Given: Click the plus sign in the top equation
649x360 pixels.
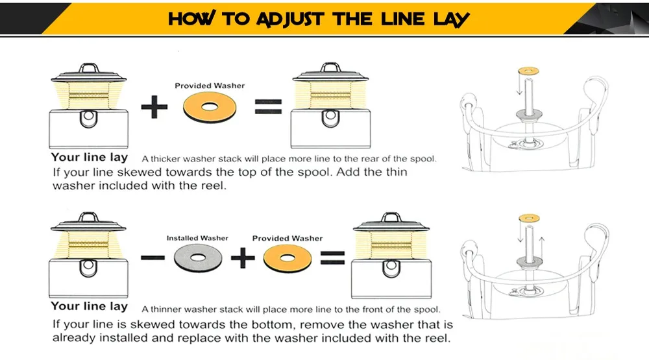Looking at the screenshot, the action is coord(154,107).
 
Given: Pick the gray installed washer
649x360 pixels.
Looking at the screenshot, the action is coord(197,259).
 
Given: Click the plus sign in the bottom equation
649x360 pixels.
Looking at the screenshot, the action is coord(243,259).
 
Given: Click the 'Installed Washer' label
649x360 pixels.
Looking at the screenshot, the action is coord(197,238).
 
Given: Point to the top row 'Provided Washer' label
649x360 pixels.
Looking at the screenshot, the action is coord(210,86).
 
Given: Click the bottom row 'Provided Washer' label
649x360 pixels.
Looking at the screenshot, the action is coord(287,238).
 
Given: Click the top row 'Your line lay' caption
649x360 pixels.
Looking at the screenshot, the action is coord(89,158).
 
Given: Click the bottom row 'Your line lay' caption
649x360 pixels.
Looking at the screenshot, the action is coord(89,306).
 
